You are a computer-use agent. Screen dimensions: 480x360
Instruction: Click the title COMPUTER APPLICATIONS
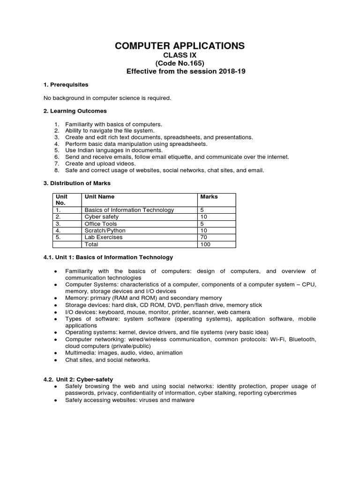[180, 45]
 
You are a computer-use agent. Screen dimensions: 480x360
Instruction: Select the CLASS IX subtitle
[180, 55]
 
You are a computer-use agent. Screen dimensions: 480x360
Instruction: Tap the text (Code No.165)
[180, 63]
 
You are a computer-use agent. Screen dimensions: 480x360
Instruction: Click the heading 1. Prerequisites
[66, 85]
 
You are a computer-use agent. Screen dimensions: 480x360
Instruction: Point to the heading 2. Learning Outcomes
[75, 111]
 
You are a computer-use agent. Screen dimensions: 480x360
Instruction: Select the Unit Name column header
[99, 197]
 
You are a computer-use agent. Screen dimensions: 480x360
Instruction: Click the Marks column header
[209, 197]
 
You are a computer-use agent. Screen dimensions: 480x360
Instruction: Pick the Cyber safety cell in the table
[102, 217]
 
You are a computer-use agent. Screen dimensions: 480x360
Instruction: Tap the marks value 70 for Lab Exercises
[204, 237]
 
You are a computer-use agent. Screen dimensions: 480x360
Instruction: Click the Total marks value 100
[206, 244]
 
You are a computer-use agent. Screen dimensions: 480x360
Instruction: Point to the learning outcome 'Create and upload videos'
[100, 164]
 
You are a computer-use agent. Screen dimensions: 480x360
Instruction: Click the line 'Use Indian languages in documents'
[114, 150]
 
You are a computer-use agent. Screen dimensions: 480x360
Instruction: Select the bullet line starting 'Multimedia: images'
[124, 352]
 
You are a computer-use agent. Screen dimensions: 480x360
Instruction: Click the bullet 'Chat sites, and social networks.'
[107, 360]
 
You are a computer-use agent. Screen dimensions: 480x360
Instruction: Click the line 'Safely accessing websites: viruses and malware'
[129, 400]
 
